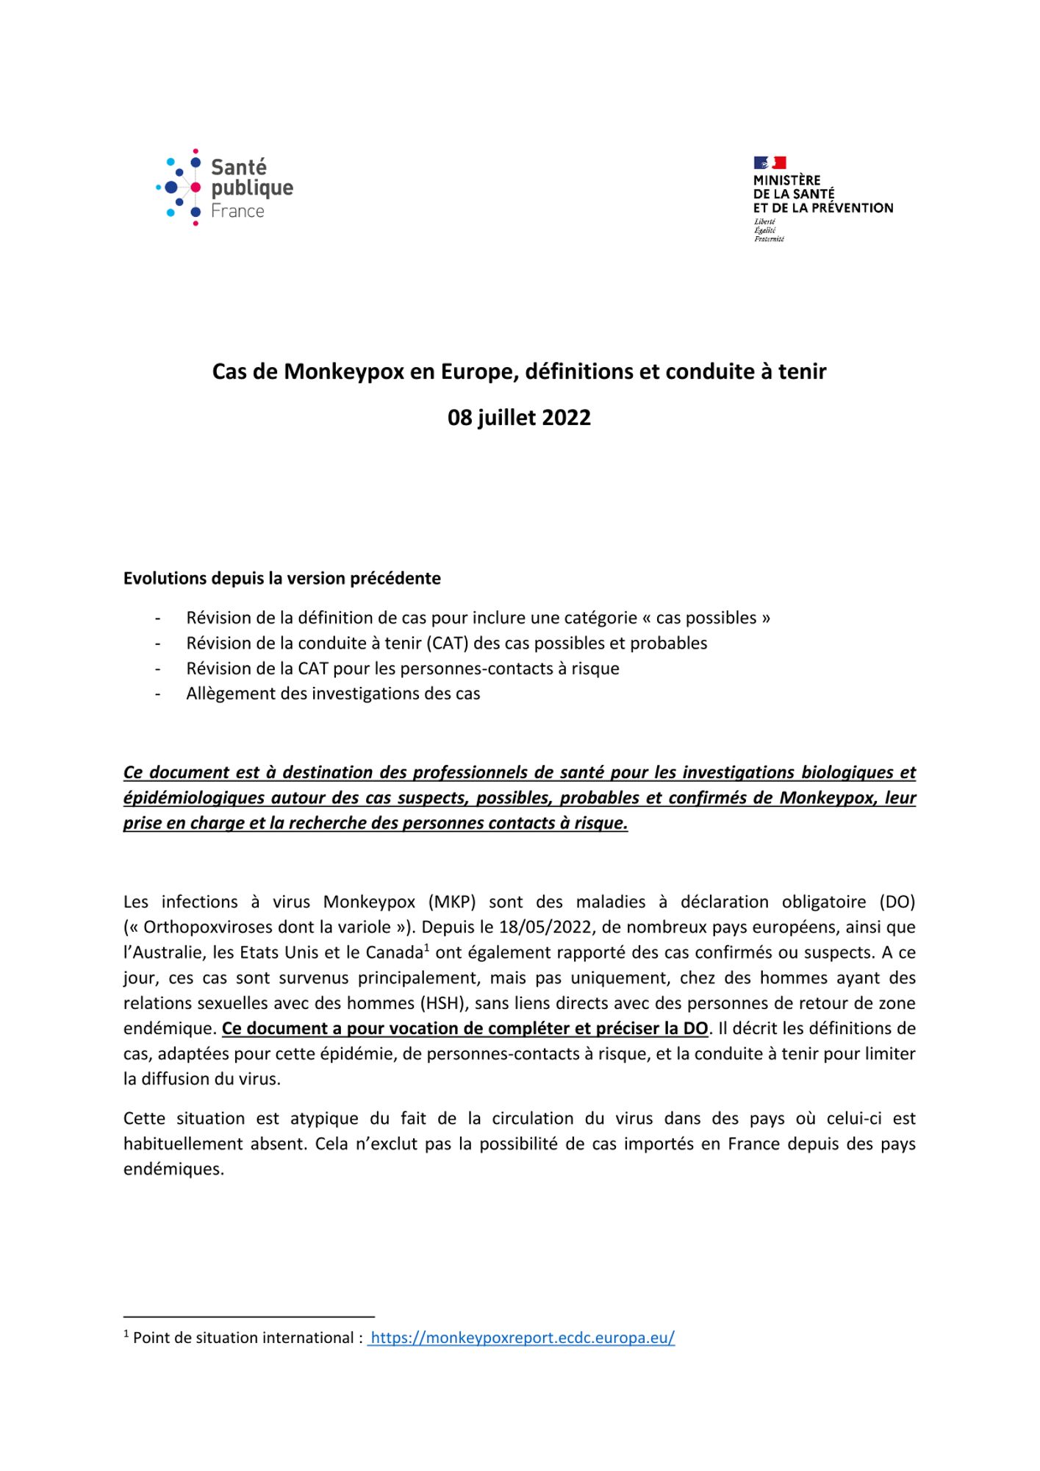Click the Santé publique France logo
click(x=224, y=188)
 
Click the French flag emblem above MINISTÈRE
click(x=770, y=163)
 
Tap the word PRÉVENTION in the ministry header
click(x=852, y=208)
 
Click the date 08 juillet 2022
click(x=519, y=418)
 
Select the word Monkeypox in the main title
click(x=345, y=371)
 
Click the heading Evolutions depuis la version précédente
click(x=281, y=578)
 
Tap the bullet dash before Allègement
click(x=157, y=694)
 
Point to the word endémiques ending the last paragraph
click(x=173, y=1169)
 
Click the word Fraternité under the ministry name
click(x=769, y=239)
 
